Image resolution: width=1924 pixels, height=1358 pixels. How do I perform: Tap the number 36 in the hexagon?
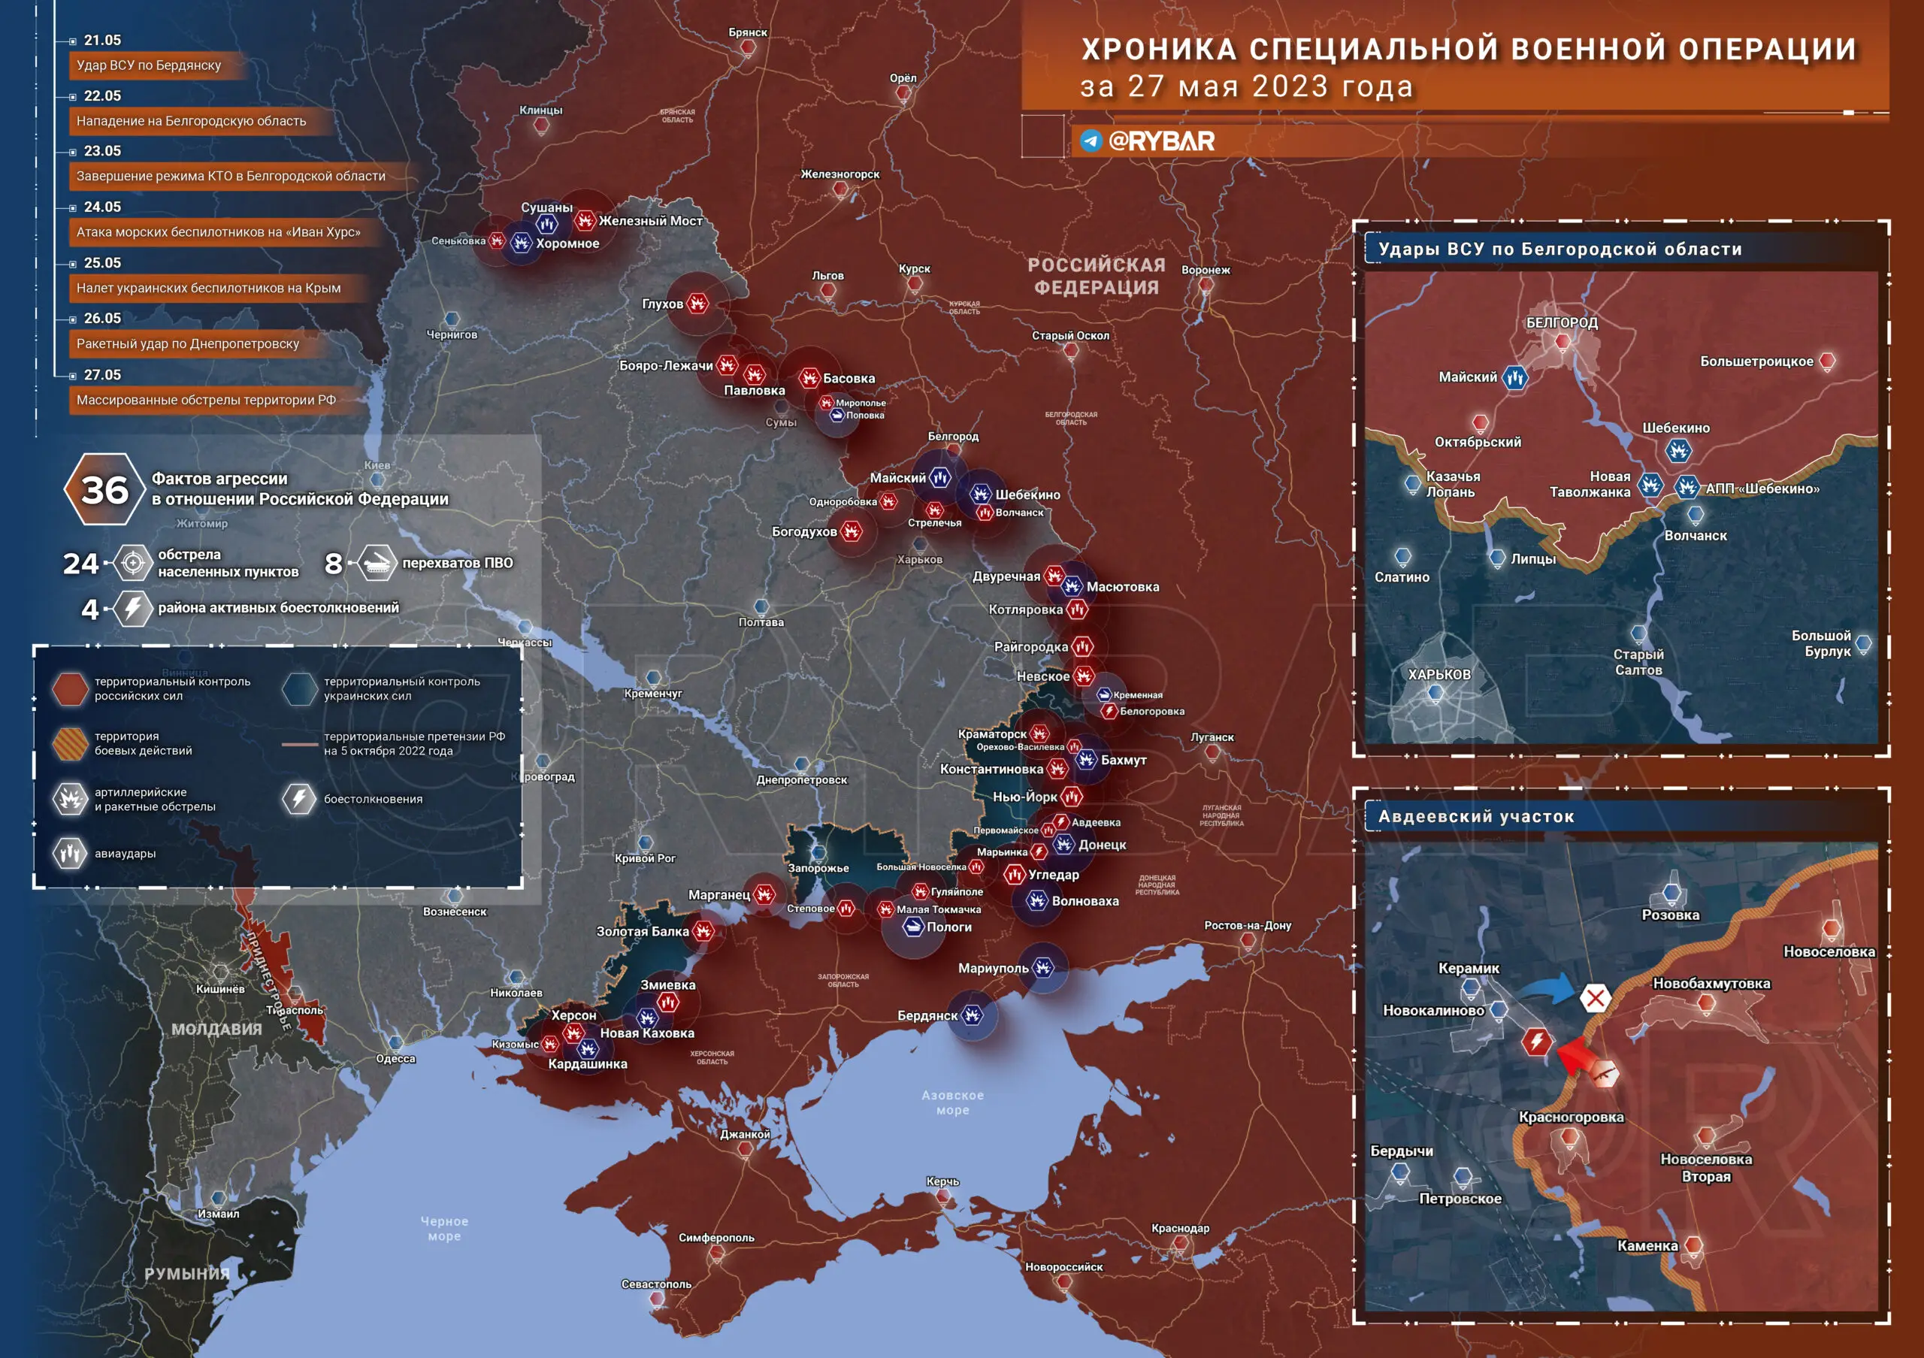click(x=104, y=490)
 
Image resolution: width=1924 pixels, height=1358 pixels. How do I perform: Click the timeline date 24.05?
click(x=102, y=207)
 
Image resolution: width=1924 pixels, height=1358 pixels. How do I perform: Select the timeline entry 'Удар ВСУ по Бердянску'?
click(x=149, y=65)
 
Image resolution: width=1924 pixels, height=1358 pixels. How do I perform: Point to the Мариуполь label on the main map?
click(x=993, y=969)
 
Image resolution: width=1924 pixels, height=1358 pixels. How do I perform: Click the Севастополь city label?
click(x=656, y=1284)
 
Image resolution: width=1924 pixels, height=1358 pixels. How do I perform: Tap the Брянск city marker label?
click(x=748, y=32)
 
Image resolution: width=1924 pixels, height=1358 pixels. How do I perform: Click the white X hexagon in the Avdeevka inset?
click(x=1595, y=998)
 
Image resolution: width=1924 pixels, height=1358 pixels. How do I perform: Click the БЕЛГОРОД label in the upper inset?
click(x=1561, y=322)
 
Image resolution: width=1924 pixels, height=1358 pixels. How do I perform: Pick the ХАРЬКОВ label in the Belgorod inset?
click(x=1438, y=674)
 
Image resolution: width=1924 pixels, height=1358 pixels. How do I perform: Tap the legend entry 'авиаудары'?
click(x=125, y=854)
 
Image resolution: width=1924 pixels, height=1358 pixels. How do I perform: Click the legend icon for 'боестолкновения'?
click(x=298, y=798)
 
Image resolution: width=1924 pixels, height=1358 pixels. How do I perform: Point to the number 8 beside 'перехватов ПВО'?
click(x=334, y=564)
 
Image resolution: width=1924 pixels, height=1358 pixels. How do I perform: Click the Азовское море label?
click(x=952, y=1102)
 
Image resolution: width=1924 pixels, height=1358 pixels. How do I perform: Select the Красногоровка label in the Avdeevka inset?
click(x=1572, y=1117)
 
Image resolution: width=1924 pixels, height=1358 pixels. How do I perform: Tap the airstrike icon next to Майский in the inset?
click(x=1514, y=378)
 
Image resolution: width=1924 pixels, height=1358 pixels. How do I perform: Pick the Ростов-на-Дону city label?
click(x=1247, y=926)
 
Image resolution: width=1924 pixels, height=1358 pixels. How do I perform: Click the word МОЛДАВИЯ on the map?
click(x=216, y=1030)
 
